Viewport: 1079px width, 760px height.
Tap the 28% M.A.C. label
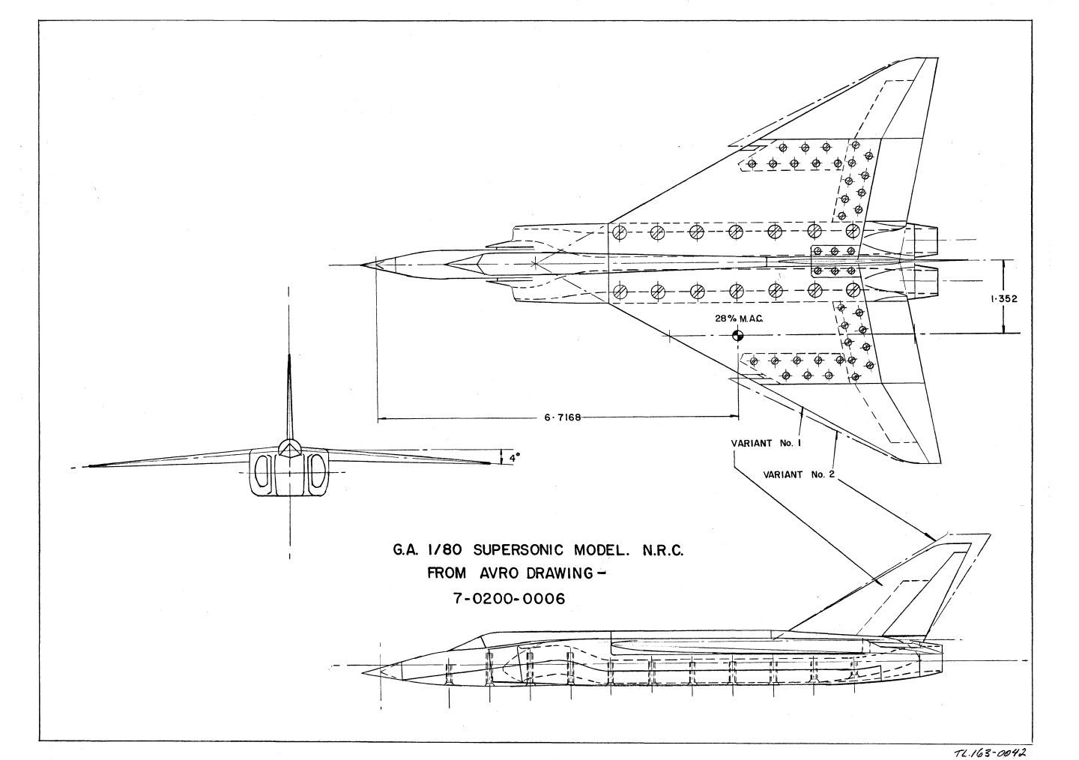(x=738, y=319)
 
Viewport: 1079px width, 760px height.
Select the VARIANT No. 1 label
(x=767, y=443)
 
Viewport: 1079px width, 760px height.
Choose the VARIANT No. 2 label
(x=799, y=474)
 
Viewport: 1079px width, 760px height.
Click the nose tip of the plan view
(x=362, y=265)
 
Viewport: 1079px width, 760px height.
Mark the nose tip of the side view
(x=366, y=666)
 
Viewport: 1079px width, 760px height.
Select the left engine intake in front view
(x=262, y=473)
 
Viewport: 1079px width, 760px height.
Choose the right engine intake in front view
(x=317, y=473)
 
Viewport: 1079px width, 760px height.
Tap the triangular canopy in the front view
(x=289, y=448)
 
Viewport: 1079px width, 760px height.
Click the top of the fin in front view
(x=289, y=357)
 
